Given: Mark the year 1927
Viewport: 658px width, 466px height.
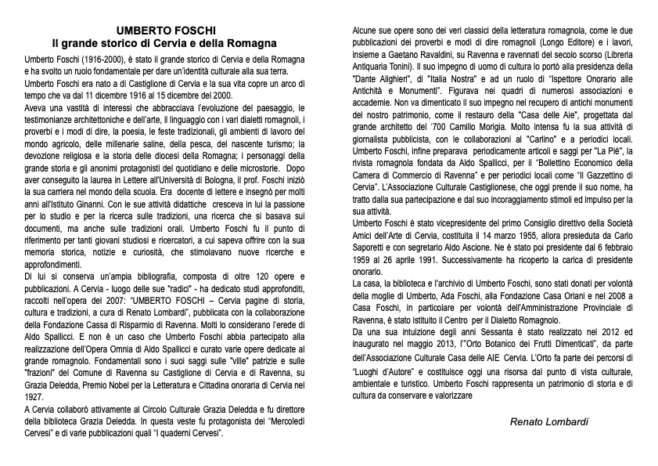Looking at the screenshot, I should [x=33, y=397].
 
